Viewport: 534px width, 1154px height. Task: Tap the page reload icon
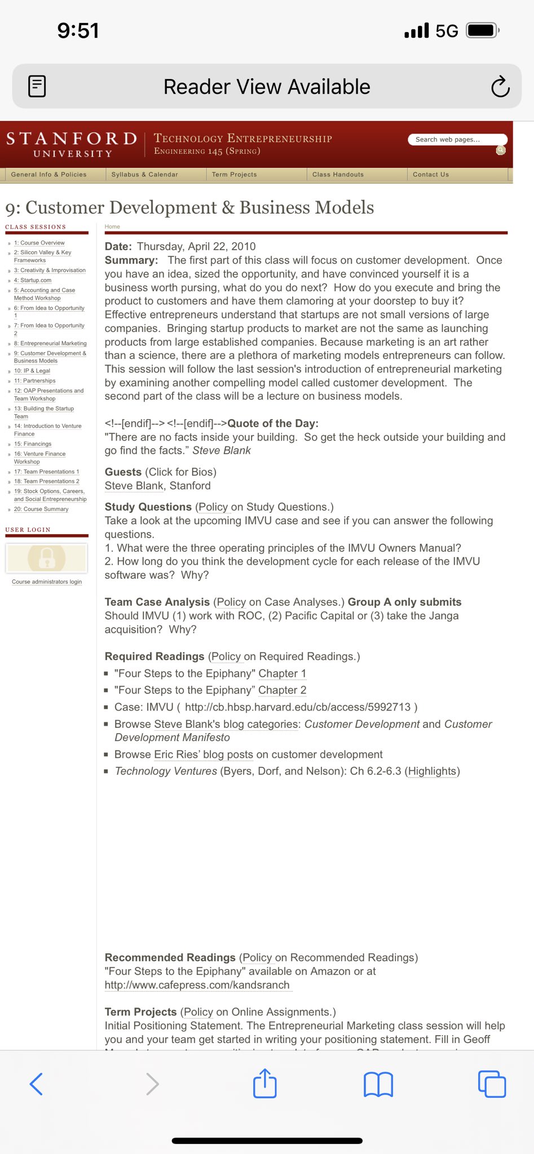point(500,87)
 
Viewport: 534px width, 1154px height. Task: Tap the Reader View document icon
point(37,86)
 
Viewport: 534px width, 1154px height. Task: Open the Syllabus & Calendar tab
point(145,175)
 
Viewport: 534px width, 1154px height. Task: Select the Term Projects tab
point(235,175)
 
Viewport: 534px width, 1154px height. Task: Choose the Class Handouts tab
point(338,175)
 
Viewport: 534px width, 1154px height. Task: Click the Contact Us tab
point(431,175)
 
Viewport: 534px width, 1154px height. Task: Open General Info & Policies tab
point(49,175)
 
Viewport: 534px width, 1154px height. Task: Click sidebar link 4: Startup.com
point(33,280)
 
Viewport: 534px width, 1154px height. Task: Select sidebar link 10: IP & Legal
point(32,371)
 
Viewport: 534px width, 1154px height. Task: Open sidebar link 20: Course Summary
point(41,509)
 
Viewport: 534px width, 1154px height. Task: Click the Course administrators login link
point(47,582)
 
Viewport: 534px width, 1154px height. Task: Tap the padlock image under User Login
point(47,558)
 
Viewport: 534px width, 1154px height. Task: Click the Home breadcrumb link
point(112,227)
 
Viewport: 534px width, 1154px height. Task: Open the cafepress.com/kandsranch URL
point(197,985)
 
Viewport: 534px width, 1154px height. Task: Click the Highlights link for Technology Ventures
point(433,771)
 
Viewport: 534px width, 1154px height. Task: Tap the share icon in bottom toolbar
point(265,1084)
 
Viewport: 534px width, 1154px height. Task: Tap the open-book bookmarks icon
point(378,1084)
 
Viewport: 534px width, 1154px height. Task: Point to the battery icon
point(482,30)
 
